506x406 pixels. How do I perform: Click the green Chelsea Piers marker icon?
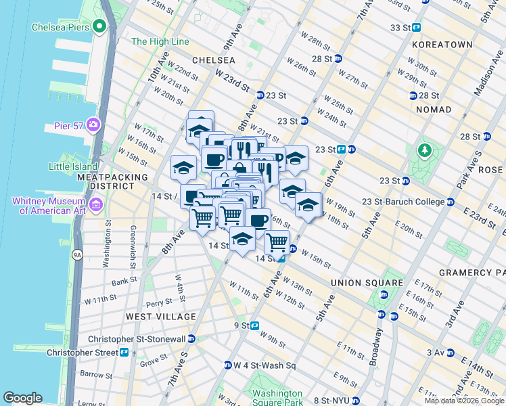pyautogui.click(x=100, y=27)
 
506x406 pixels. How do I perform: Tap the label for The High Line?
pyautogui.click(x=160, y=41)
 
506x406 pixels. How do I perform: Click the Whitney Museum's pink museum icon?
pyautogui.click(x=96, y=204)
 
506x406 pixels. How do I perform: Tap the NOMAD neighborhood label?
pyautogui.click(x=434, y=110)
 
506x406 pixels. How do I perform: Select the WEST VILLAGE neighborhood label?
pyautogui.click(x=160, y=317)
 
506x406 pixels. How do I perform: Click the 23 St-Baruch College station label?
pyautogui.click(x=402, y=202)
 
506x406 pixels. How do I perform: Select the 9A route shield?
pyautogui.click(x=77, y=255)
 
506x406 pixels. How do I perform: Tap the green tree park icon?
pyautogui.click(x=425, y=150)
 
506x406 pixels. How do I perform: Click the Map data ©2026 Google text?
pyautogui.click(x=464, y=401)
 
